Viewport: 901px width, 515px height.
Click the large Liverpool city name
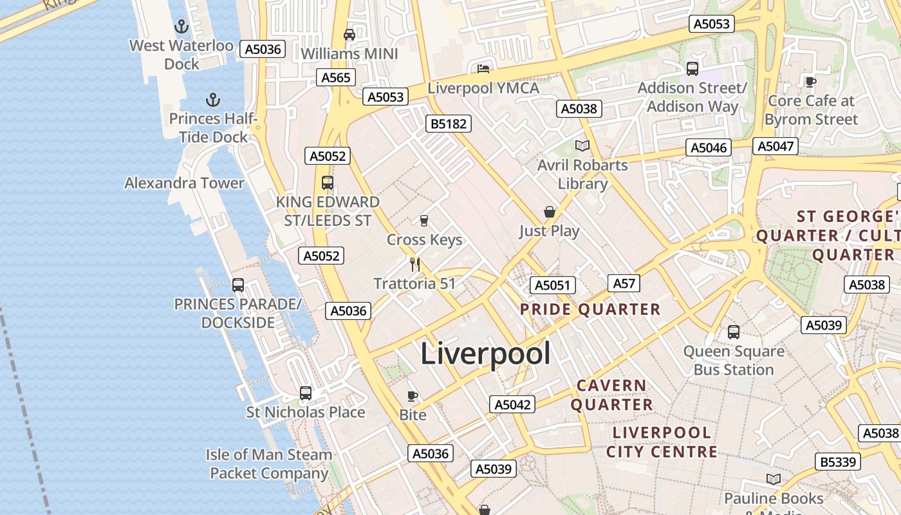point(485,354)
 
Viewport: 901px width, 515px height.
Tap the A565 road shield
point(336,78)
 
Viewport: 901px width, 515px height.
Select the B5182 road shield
point(449,124)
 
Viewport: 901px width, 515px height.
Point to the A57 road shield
point(624,283)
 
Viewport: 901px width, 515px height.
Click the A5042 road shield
point(512,404)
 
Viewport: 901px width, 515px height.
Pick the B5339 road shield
point(839,462)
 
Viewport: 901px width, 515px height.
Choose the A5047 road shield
point(776,146)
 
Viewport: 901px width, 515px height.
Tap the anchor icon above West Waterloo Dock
point(181,27)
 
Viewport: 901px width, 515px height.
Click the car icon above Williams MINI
point(349,35)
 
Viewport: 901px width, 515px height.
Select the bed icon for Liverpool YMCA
point(483,69)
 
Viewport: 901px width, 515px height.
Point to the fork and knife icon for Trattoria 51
point(415,264)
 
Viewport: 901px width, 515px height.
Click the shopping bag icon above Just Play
point(549,212)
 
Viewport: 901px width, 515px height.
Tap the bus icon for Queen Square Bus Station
point(734,332)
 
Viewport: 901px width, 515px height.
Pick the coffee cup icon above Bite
point(413,396)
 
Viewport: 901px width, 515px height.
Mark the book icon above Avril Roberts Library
point(582,145)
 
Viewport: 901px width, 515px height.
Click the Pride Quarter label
point(590,310)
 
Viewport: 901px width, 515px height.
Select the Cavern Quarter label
point(611,395)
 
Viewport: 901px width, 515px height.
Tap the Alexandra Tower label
point(184,183)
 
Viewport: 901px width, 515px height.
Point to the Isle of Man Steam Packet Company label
point(269,464)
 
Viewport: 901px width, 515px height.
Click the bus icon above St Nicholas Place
point(306,393)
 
